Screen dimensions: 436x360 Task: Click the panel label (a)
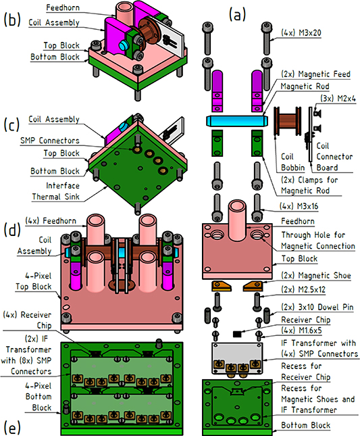point(239,13)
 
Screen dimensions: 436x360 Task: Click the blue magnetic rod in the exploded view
point(236,120)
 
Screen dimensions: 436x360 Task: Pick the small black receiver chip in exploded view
point(238,333)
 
